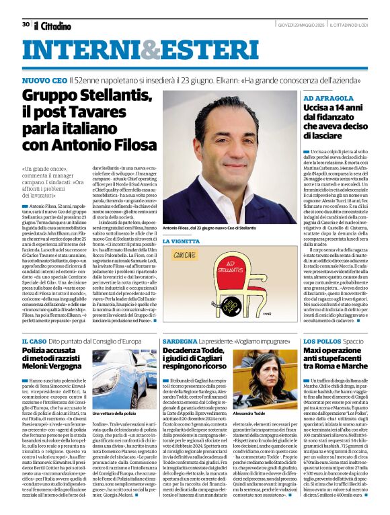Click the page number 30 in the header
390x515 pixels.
pos(26,24)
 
